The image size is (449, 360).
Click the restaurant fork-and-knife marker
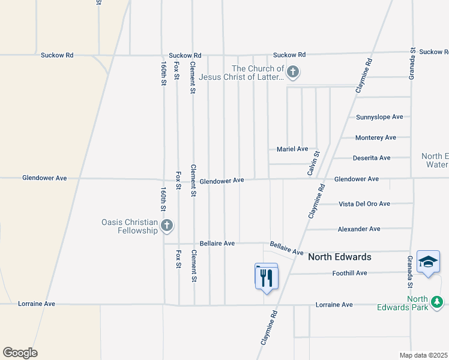pos(267,277)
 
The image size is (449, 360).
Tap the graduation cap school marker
pos(428,262)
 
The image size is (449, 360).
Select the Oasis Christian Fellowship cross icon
pos(167,226)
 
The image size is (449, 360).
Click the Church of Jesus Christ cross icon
pos(293,73)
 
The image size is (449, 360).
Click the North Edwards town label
pos(339,257)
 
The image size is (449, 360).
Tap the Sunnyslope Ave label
pos(379,117)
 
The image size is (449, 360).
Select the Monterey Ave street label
pos(376,137)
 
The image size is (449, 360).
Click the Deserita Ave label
pos(370,158)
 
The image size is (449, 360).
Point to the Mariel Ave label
pos(292,149)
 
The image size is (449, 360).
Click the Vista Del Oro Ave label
pos(364,204)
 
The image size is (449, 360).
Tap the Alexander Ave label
pos(359,229)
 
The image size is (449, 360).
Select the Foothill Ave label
pos(349,273)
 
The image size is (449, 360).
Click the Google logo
pos(20,353)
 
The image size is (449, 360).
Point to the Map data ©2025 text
pos(424,355)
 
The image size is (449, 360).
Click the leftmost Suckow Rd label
pos(57,55)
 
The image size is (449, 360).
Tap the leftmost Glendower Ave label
pos(44,178)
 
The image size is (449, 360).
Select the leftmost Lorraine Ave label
pos(37,304)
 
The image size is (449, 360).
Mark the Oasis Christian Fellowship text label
pos(129,226)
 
